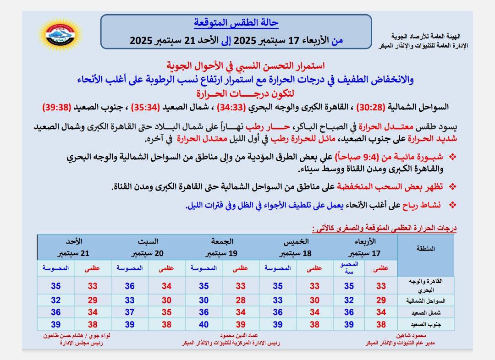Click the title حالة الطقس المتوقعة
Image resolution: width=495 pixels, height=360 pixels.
[236, 22]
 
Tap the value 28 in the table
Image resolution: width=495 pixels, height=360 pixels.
[241, 300]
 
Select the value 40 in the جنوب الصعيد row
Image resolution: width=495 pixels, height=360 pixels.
[203, 324]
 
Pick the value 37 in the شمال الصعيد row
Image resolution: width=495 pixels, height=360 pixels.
[130, 312]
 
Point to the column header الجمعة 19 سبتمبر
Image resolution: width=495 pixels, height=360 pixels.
[222, 247]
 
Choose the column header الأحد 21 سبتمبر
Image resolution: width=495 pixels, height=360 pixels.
[74, 247]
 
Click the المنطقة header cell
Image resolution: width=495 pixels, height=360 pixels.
[426, 249]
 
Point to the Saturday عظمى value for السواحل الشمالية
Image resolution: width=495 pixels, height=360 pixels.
[166, 300]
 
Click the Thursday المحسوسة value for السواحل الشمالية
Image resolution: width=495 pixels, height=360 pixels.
[277, 300]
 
